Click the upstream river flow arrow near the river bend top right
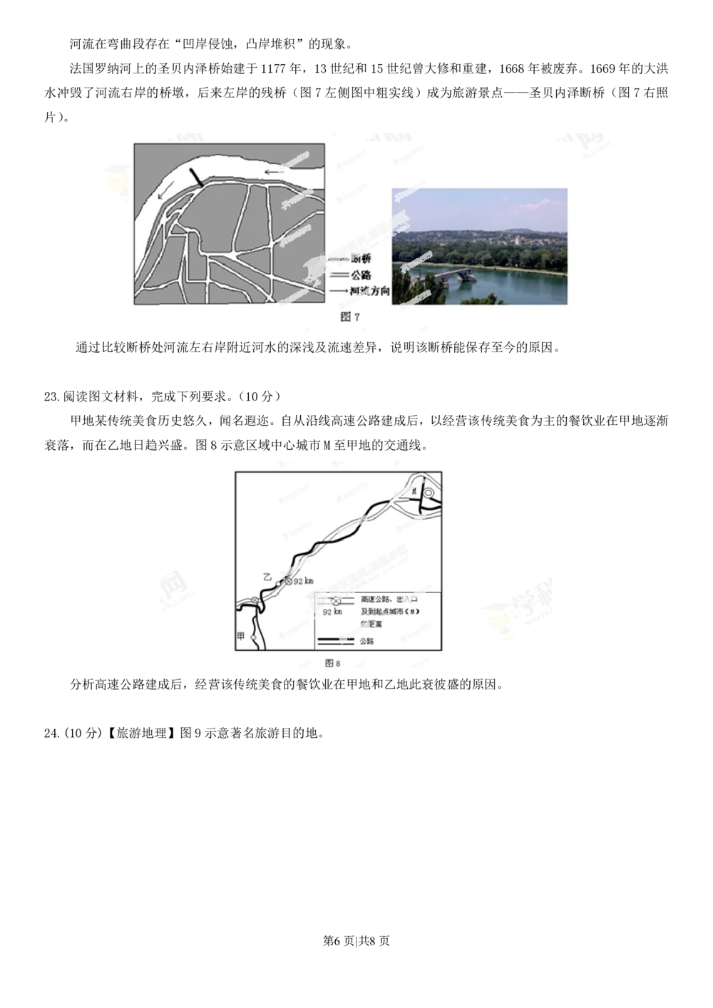tap(273, 172)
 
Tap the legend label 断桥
tap(361, 259)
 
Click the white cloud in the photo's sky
tap(499, 207)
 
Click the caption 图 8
tap(333, 663)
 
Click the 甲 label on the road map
tap(241, 636)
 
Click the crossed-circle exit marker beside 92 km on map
tap(289, 582)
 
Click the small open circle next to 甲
tap(252, 627)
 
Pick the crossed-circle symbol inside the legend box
tap(336, 601)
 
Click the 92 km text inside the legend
tap(332, 612)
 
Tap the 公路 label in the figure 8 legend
tap(366, 642)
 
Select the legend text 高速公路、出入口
tap(389, 600)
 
